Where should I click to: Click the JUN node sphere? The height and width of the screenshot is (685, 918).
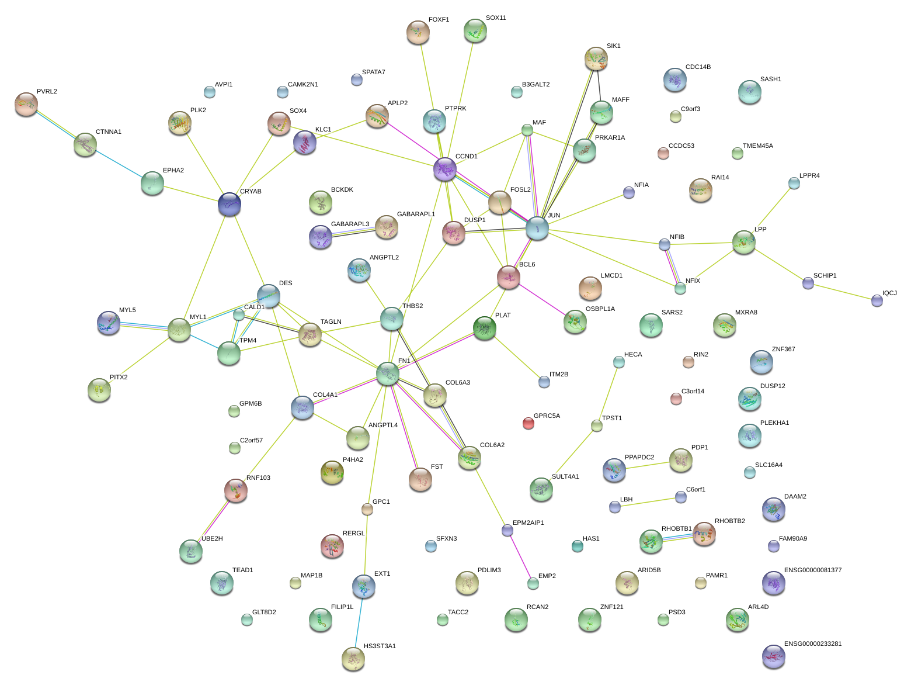(x=537, y=228)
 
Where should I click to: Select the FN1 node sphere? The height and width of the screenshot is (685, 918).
(x=387, y=373)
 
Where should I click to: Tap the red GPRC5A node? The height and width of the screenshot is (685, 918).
(x=528, y=423)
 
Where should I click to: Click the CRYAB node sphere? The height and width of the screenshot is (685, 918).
(x=229, y=204)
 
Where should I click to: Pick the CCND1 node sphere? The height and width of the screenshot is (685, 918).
(x=444, y=169)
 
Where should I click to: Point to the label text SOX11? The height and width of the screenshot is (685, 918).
(x=496, y=18)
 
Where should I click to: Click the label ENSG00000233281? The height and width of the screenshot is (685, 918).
(x=812, y=644)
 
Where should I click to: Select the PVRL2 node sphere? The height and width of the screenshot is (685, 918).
(x=26, y=104)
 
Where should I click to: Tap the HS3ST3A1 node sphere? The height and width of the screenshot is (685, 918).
(x=353, y=658)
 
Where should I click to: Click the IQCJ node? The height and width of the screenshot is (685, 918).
(x=877, y=300)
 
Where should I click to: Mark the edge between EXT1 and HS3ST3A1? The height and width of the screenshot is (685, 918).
(x=358, y=622)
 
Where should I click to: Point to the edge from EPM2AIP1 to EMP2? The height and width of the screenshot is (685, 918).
(x=520, y=556)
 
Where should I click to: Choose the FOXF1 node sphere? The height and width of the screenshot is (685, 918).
(x=418, y=32)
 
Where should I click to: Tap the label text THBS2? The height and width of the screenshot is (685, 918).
(x=412, y=306)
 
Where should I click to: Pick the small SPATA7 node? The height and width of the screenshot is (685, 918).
(x=356, y=79)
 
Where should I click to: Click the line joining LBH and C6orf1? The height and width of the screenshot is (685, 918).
(x=648, y=502)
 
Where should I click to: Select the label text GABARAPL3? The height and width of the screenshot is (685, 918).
(x=350, y=224)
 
